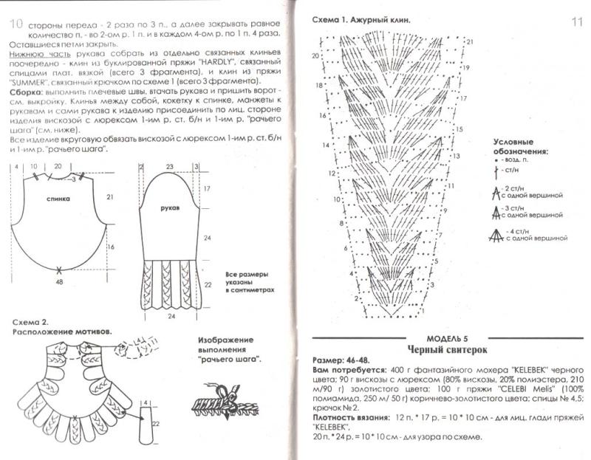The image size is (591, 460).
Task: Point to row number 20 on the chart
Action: coord(315,55)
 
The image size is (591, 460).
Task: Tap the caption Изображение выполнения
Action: coord(233,346)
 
